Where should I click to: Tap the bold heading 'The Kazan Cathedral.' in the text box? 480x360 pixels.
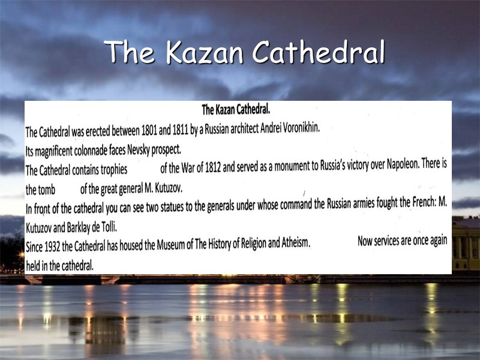click(236, 109)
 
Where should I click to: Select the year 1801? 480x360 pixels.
click(152, 130)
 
